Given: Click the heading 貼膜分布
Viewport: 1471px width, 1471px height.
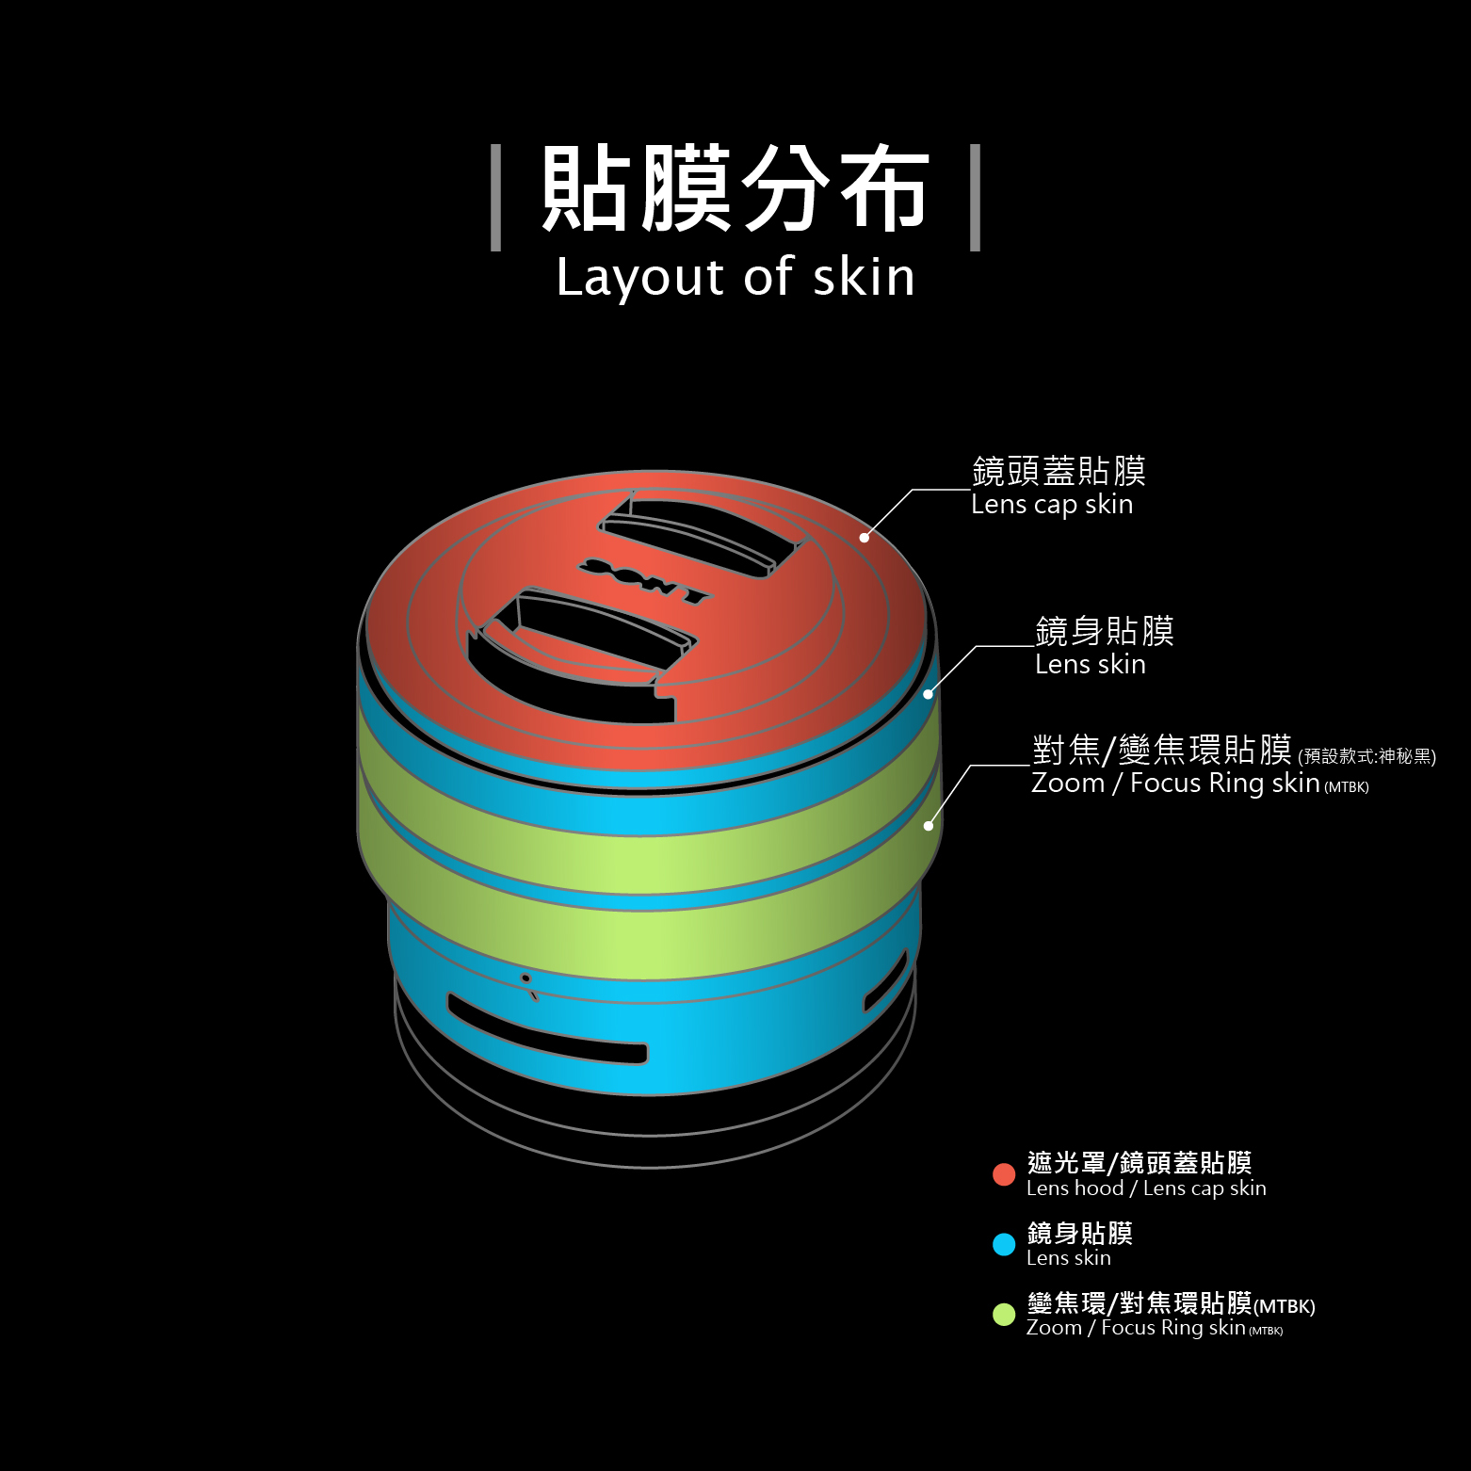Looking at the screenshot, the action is [x=735, y=188].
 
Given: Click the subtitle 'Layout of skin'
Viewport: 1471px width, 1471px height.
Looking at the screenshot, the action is [x=735, y=277].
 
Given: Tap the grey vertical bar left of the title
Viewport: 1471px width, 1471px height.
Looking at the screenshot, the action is [x=496, y=197].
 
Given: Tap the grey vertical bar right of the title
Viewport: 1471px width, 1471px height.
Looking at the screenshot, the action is [x=975, y=197].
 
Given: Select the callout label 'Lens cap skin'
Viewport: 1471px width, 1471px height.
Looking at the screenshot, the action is [x=1052, y=505].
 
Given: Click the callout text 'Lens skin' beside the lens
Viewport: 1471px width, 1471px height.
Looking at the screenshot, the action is [x=1090, y=665].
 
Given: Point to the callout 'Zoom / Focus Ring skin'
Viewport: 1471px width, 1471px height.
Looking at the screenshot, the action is [x=1175, y=784].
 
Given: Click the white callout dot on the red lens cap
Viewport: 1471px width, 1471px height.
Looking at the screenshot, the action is [x=865, y=537].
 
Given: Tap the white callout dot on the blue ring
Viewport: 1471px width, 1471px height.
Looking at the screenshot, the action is [x=928, y=694].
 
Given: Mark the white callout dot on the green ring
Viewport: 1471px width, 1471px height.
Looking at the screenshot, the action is [x=929, y=826].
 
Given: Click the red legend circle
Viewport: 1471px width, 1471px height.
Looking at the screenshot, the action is [x=1004, y=1174].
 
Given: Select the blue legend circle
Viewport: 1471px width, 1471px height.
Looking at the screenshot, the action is [x=1004, y=1244].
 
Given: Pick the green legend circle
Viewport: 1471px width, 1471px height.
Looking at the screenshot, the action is [x=1004, y=1314].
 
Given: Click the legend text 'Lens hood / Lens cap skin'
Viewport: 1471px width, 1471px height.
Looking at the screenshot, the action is [x=1146, y=1188].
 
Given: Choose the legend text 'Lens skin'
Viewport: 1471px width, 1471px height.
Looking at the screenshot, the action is [x=1069, y=1258].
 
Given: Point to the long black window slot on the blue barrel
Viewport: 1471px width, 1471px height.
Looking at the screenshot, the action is [x=546, y=1030].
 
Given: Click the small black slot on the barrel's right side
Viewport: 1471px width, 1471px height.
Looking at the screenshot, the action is [x=885, y=981].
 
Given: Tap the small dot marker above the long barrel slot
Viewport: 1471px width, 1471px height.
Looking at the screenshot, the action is [x=525, y=978].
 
